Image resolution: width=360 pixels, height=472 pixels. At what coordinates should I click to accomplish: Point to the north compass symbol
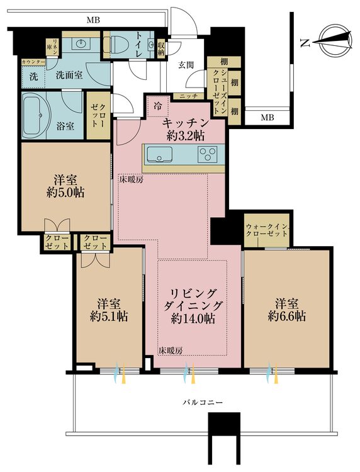pyautogui.click(x=334, y=41)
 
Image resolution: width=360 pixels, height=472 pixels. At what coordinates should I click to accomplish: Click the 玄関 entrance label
pyautogui.click(x=186, y=65)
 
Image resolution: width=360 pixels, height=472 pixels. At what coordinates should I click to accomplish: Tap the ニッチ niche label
pyautogui.click(x=188, y=96)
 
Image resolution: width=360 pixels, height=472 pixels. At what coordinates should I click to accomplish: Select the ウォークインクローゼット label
pyautogui.click(x=266, y=230)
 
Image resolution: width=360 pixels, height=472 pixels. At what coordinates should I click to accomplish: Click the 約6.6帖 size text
pyautogui.click(x=286, y=316)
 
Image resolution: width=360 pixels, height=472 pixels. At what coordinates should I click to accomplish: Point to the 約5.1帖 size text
pyautogui.click(x=109, y=317)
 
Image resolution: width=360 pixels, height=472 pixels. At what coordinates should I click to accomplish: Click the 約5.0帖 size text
pyautogui.click(x=65, y=193)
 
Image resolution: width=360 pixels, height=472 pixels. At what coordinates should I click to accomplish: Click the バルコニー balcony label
pyautogui.click(x=203, y=402)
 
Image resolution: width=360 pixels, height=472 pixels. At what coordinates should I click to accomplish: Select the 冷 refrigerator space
pyautogui.click(x=158, y=106)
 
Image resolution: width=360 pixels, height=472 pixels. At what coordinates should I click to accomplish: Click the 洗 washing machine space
pyautogui.click(x=33, y=76)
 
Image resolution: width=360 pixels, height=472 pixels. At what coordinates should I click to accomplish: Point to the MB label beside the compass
pyautogui.click(x=267, y=118)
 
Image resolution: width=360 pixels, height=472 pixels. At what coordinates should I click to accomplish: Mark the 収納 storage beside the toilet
pyautogui.click(x=162, y=48)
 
